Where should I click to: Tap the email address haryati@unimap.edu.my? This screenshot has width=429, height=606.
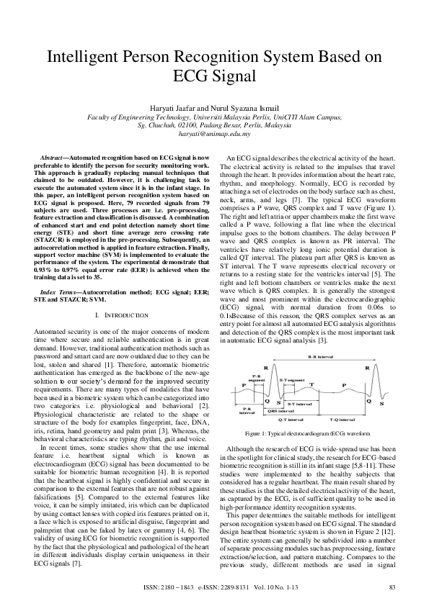pyautogui.click(x=214, y=134)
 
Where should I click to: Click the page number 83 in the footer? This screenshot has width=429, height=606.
pyautogui.click(x=392, y=588)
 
